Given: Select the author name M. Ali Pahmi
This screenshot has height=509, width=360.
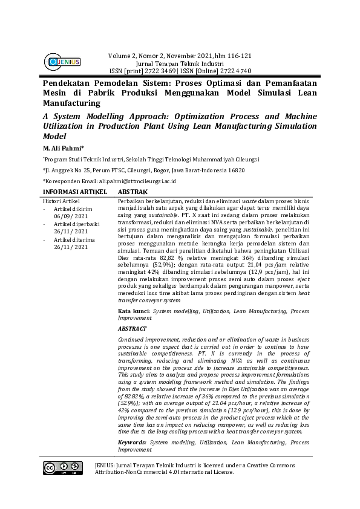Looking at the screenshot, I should click(64, 148).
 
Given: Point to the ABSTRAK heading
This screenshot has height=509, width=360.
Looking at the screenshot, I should click(137, 191).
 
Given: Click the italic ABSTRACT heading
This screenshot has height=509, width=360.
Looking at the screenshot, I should click(132, 328).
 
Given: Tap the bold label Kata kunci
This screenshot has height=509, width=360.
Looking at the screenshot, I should click(133, 311).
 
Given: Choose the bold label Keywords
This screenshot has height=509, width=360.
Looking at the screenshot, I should click(133, 443).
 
